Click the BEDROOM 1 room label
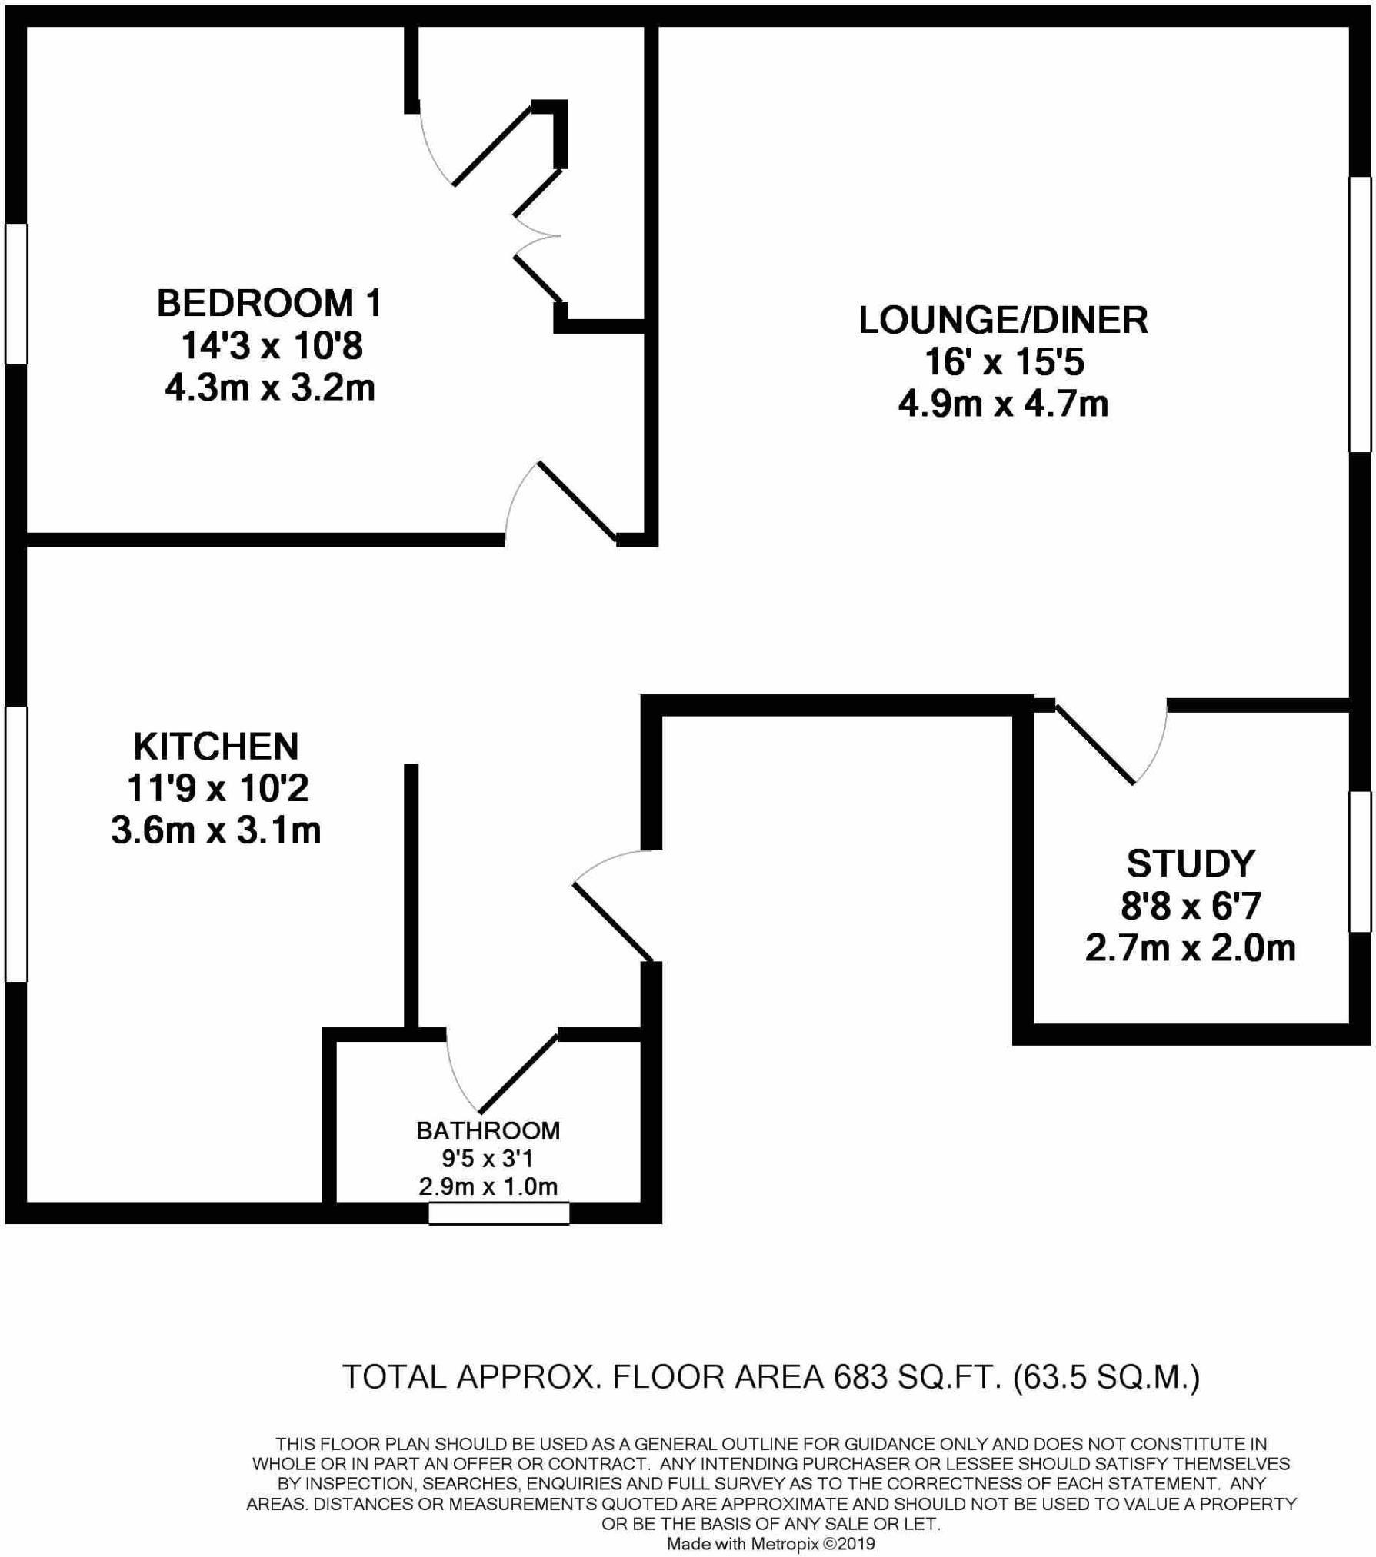tap(269, 303)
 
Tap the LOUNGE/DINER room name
tap(1003, 320)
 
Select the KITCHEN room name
tap(215, 746)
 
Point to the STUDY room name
tap(1190, 863)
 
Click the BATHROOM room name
tap(488, 1130)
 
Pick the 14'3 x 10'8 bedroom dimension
tap(271, 346)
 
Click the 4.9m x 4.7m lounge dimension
tap(1003, 404)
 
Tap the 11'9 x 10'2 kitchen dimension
tap(217, 788)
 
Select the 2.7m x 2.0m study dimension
tap(1190, 948)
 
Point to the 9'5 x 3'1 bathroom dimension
tap(488, 1158)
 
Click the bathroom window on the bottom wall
tap(498, 1213)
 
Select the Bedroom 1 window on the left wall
tap(16, 293)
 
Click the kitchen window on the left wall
tap(16, 843)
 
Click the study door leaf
tap(1094, 743)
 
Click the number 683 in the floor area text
tap(860, 1376)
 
